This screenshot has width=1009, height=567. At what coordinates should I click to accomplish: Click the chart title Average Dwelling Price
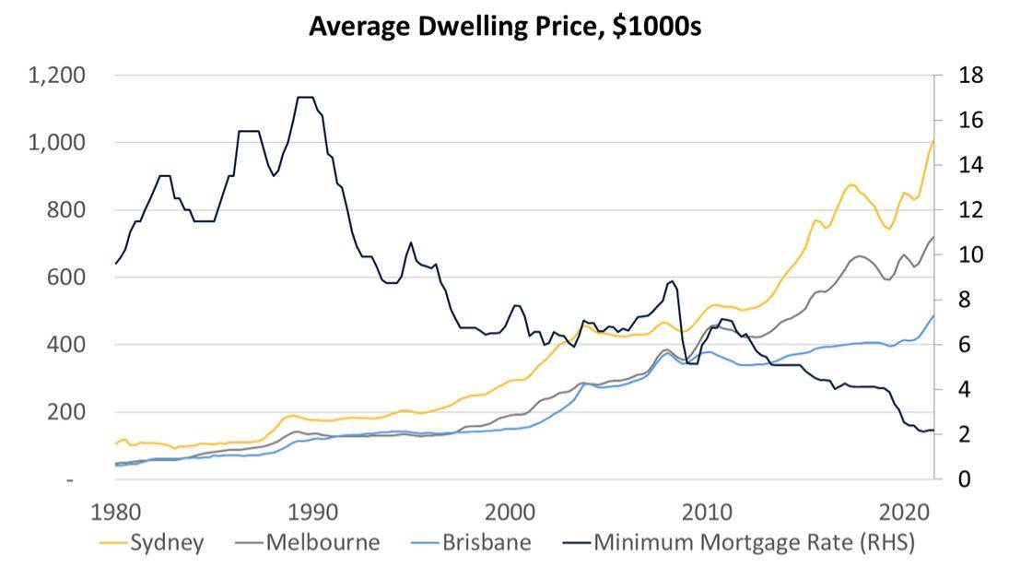point(505,26)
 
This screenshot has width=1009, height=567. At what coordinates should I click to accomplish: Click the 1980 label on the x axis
point(117,513)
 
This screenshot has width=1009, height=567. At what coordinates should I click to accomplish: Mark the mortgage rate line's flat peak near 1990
point(306,97)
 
